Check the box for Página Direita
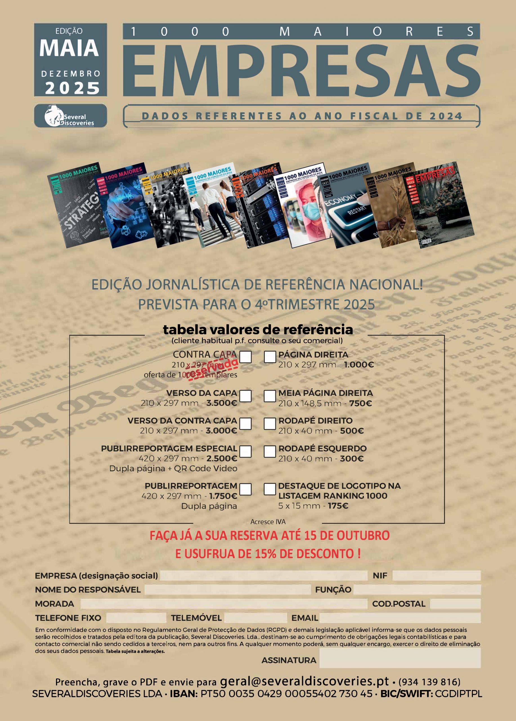pos(270,357)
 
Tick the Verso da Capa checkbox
pos(245,396)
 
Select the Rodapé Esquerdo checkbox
pos(270,451)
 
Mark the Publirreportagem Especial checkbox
pos(245,451)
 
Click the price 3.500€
pos(222,403)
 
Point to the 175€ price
pos(338,506)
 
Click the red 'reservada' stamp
pos(212,369)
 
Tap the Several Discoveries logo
pos(71,116)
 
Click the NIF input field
pos(436,576)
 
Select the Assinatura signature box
pos(400,658)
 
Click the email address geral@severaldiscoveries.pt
pos(304,681)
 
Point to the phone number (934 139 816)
pos(429,682)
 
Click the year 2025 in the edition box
pos(72,88)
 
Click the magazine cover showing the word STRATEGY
pos(75,207)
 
